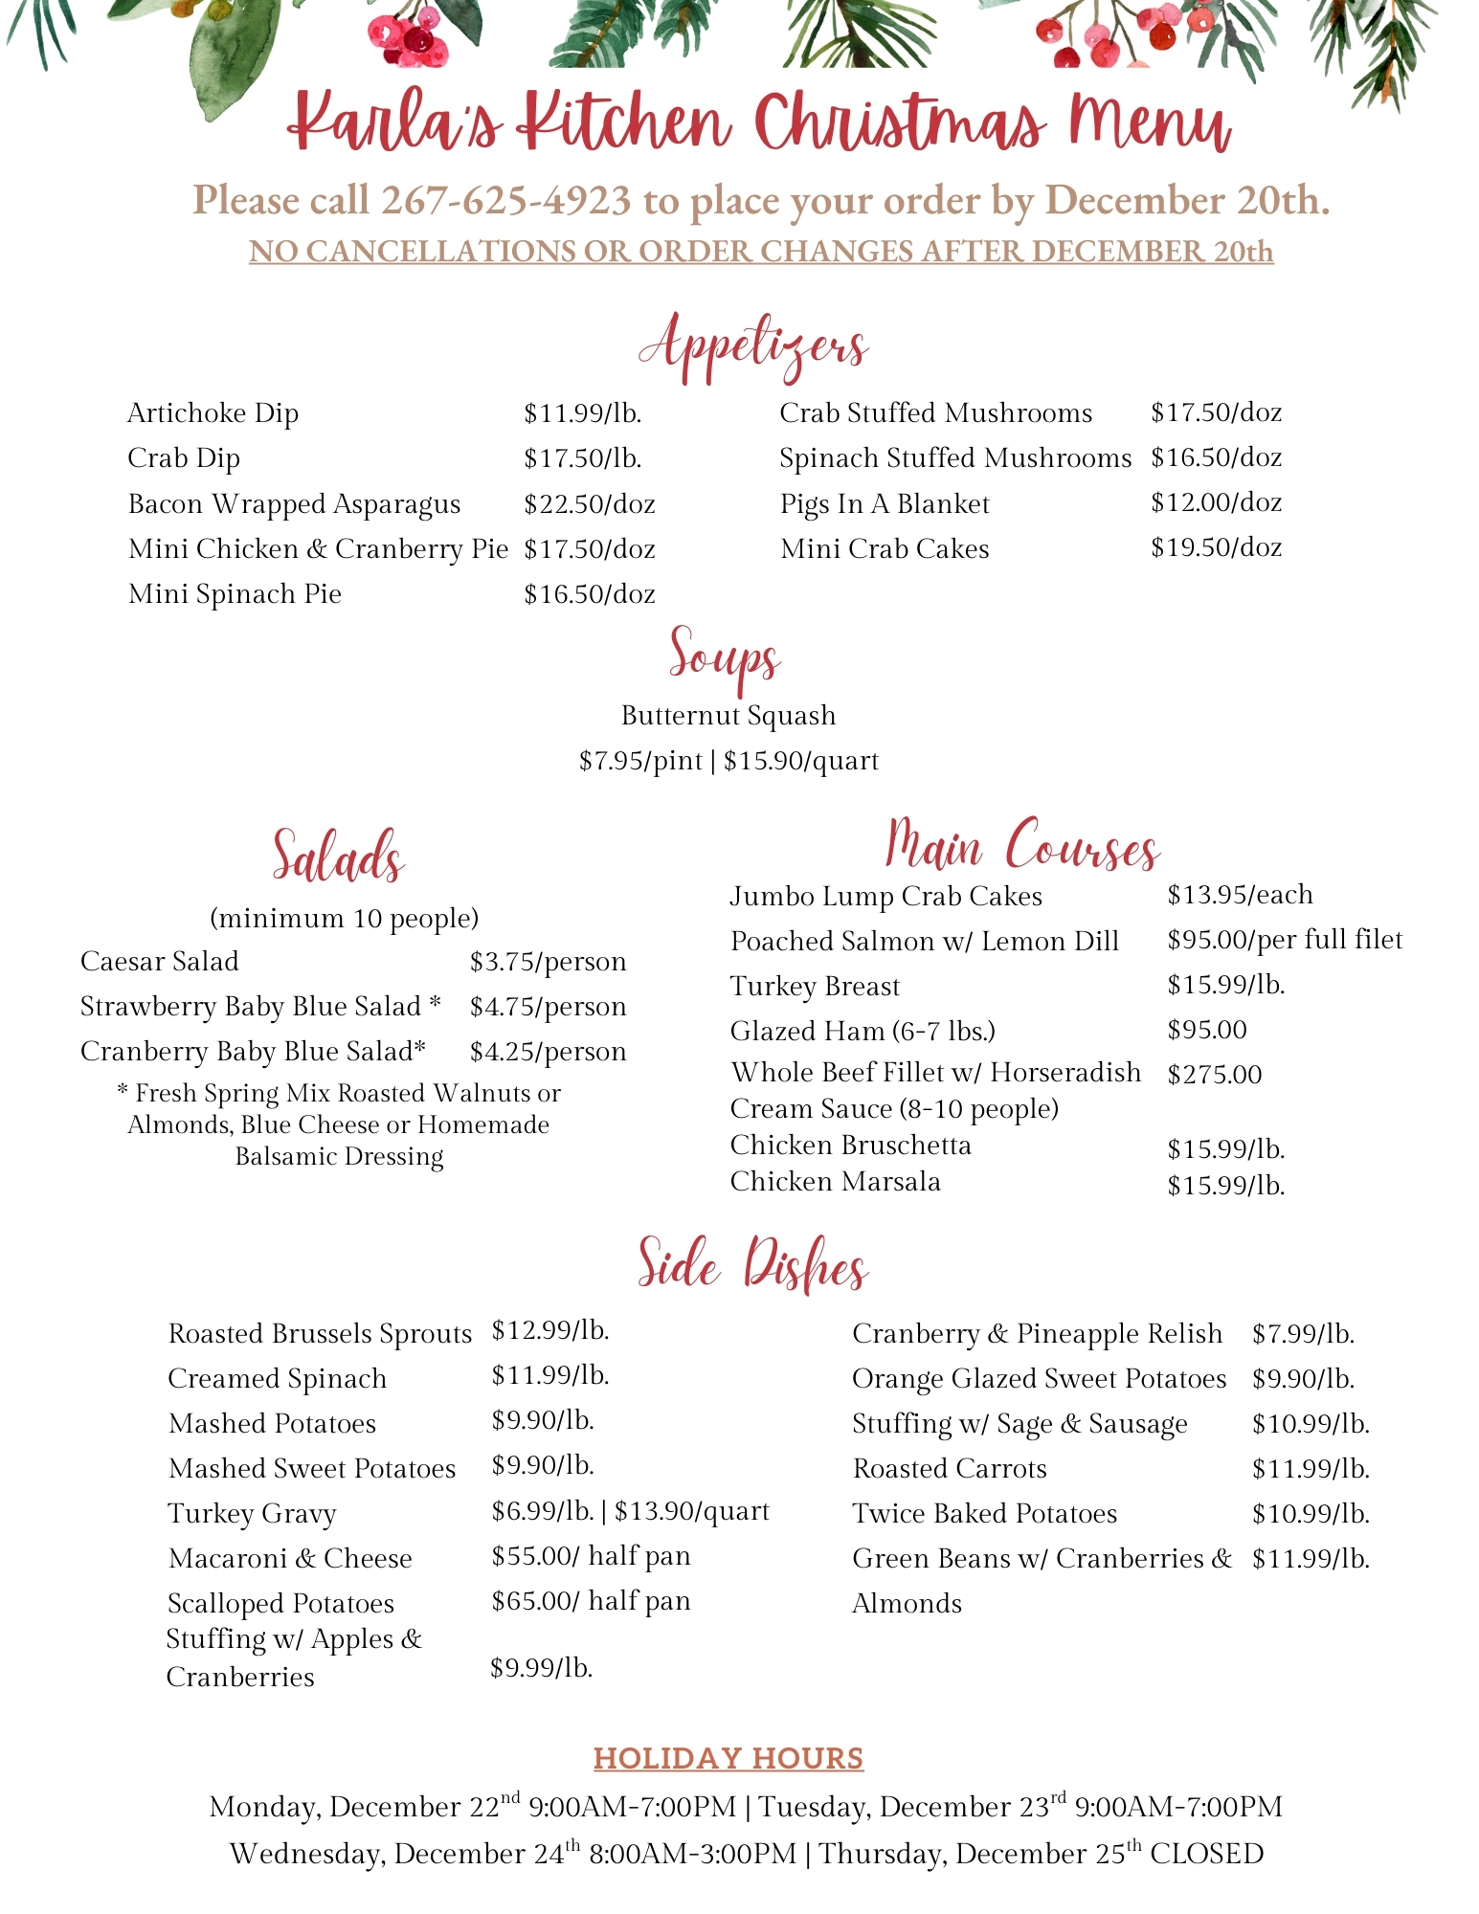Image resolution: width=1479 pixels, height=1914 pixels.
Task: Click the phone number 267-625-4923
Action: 505,201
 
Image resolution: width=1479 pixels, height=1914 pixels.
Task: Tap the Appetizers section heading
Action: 753,347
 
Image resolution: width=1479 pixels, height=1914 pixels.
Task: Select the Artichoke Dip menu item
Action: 213,413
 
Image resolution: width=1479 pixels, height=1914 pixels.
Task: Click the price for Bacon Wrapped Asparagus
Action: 589,504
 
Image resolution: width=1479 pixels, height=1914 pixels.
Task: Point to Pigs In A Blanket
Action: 885,504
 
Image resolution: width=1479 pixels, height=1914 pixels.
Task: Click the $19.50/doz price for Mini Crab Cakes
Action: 1216,548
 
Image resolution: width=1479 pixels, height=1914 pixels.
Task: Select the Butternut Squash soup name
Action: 728,716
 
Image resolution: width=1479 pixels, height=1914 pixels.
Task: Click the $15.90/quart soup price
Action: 801,762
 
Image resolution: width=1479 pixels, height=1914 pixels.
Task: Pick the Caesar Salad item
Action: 160,962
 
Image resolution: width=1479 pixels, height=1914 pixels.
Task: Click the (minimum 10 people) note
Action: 344,919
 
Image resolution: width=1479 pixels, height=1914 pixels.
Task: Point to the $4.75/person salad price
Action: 548,1007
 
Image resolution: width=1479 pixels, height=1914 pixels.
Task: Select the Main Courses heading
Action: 1022,845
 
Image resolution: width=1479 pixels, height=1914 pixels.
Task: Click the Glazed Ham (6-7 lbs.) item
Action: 863,1032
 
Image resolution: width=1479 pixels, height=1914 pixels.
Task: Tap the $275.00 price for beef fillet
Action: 1214,1075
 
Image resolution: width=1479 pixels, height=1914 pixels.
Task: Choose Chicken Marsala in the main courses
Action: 835,1182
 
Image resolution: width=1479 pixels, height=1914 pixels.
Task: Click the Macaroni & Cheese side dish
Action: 290,1559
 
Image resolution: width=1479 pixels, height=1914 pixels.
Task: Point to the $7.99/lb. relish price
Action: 1303,1334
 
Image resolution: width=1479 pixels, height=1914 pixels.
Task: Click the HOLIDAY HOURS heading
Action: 728,1759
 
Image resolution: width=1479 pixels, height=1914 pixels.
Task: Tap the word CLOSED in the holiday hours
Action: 1206,1855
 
